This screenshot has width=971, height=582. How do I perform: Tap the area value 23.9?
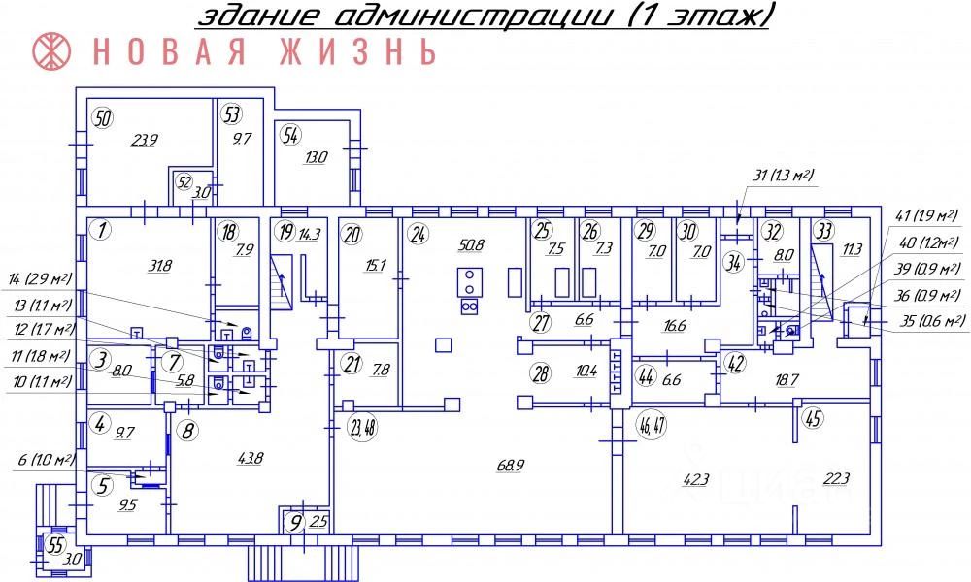coord(146,140)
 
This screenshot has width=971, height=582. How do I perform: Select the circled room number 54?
coord(290,135)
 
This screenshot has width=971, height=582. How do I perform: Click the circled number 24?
coord(419,233)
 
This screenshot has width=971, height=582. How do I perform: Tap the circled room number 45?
coord(814,419)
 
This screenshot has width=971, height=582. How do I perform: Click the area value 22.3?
coord(837,476)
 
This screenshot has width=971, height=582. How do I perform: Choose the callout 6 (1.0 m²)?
coord(37,459)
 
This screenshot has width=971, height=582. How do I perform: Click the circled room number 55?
coord(55,545)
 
